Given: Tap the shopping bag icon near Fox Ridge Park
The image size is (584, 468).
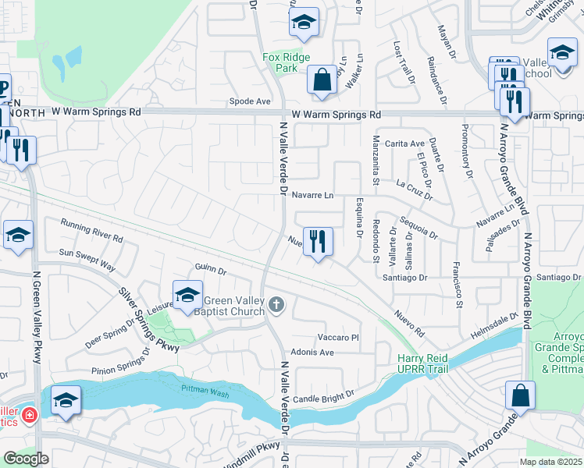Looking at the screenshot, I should (x=322, y=80).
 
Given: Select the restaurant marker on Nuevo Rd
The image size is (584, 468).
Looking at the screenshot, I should (x=317, y=242).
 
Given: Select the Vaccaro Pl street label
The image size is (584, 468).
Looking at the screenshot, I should (x=337, y=337).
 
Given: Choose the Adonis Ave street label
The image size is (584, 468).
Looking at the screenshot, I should (x=312, y=353).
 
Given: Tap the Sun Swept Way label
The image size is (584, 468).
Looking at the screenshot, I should (x=87, y=260).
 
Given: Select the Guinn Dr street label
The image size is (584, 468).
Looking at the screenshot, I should (x=211, y=271).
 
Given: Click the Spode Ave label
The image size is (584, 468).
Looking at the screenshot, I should (x=250, y=101).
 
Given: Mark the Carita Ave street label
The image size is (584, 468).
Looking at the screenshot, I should (x=404, y=144).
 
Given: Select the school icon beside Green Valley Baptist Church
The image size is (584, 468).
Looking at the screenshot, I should (x=187, y=296).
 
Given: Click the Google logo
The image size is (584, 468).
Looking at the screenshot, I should (x=26, y=459).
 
